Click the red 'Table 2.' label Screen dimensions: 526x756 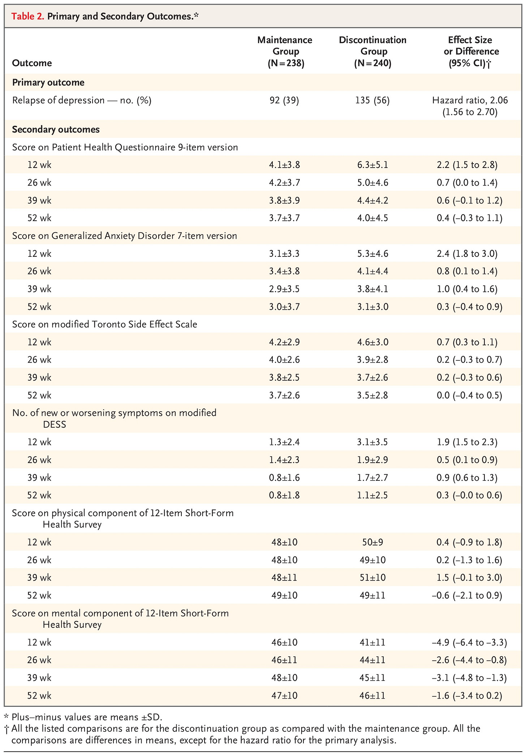[x=28, y=16]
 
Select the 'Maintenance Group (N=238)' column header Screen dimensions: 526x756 [x=285, y=51]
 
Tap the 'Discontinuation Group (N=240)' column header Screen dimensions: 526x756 [x=372, y=51]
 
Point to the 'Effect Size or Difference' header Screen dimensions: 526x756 [x=470, y=46]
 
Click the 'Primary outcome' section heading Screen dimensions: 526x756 [x=48, y=82]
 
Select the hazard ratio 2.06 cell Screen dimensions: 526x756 [x=470, y=106]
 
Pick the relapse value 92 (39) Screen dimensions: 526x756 [x=284, y=100]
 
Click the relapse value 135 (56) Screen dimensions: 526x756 [x=372, y=100]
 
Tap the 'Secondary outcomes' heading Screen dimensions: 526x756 [x=56, y=129]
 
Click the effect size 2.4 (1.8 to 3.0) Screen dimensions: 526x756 [x=467, y=254]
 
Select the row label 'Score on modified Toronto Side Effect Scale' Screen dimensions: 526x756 [x=104, y=324]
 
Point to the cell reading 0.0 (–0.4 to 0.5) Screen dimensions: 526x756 [x=469, y=395]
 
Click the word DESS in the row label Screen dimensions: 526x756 [x=55, y=424]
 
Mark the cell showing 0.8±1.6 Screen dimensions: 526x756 [x=284, y=478]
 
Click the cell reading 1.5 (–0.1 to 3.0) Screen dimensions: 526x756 [x=469, y=578]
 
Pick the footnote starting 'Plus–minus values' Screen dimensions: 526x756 [x=83, y=716]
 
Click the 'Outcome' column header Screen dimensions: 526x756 [x=32, y=63]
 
